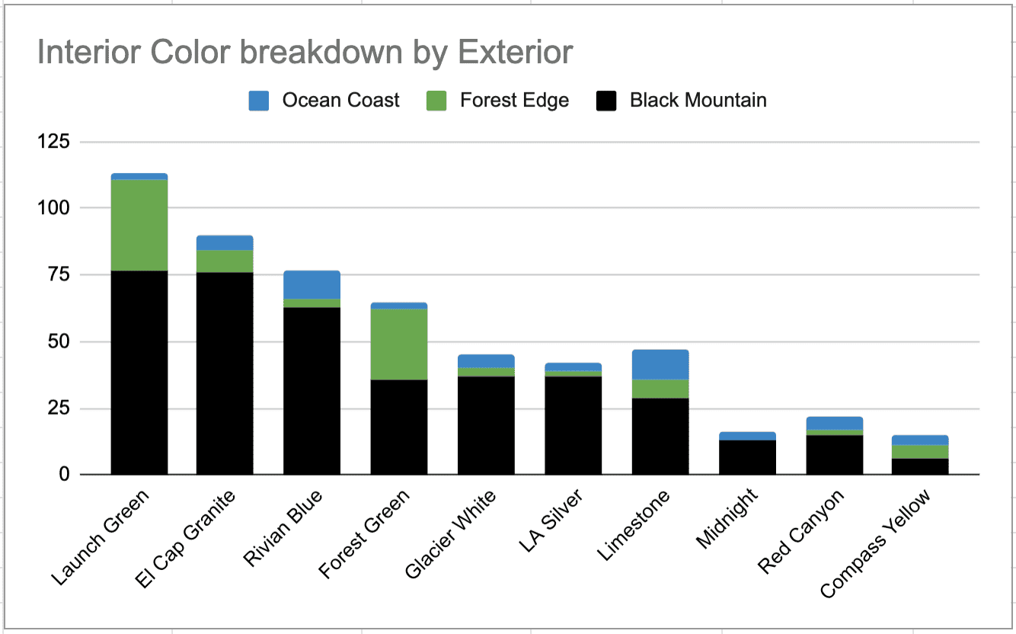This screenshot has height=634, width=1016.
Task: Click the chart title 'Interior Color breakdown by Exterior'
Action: point(305,52)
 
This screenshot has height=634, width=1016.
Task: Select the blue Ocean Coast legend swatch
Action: point(258,101)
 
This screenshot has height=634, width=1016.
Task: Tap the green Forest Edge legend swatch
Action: point(436,101)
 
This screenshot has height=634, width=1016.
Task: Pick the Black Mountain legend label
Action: point(698,101)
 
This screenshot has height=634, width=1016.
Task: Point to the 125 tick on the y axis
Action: point(53,142)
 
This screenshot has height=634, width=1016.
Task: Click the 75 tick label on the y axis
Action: point(59,274)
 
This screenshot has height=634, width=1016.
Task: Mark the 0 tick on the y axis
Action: point(65,475)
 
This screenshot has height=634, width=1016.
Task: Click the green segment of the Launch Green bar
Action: point(139,225)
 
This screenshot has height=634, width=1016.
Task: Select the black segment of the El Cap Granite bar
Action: point(225,373)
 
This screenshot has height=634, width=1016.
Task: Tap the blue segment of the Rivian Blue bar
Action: point(312,285)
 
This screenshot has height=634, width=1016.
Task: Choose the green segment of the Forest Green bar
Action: point(399,344)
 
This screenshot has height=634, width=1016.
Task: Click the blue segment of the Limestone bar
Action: point(660,364)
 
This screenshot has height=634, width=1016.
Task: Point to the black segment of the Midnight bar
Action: point(747,457)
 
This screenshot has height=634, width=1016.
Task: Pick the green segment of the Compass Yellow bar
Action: point(920,452)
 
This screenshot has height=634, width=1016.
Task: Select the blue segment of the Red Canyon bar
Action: point(835,423)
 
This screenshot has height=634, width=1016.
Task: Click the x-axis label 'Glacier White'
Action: point(450,534)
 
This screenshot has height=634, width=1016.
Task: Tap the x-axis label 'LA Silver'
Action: point(550,520)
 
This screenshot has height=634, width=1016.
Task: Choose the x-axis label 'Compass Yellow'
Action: point(875,543)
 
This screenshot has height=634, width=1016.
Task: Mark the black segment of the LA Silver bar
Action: point(573,426)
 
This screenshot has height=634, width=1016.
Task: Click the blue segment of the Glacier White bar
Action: point(486,361)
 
